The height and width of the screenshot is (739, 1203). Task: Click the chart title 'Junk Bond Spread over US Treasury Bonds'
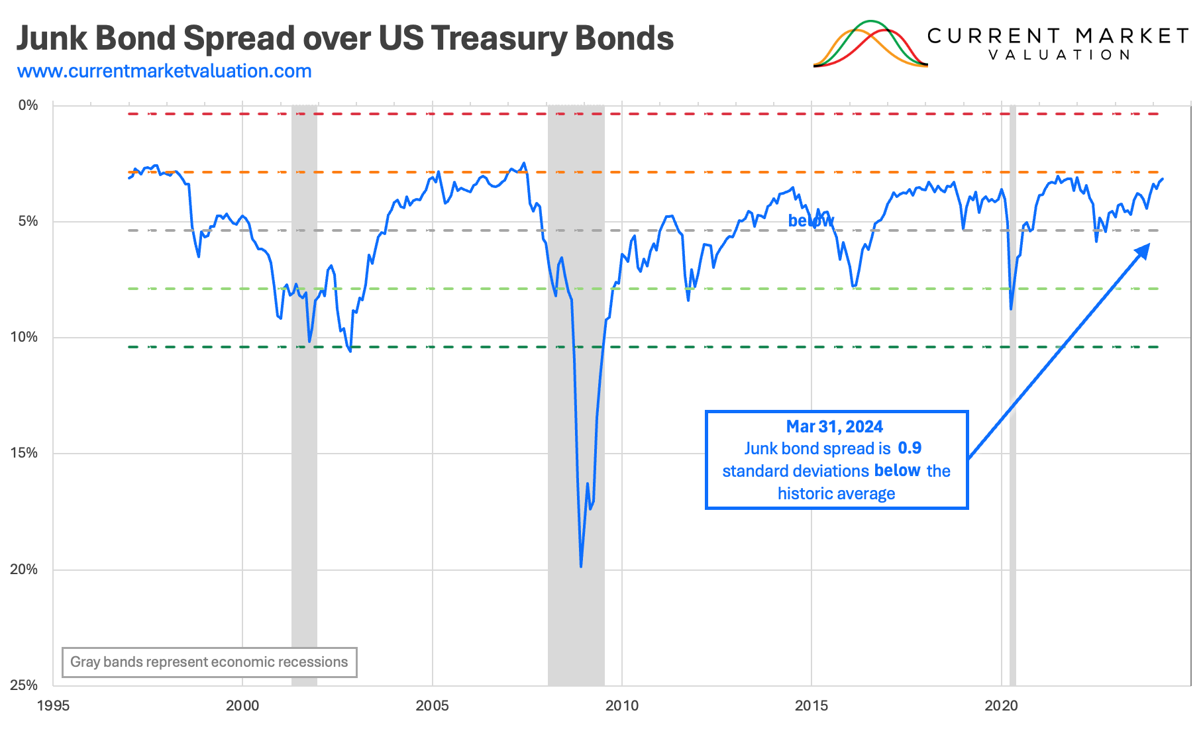[x=344, y=38]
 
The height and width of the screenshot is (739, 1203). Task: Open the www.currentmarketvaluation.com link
[x=164, y=72]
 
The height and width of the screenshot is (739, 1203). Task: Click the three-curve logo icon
[x=870, y=45]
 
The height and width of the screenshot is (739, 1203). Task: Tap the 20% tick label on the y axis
[x=24, y=569]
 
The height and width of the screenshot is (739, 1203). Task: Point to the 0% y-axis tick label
[x=28, y=105]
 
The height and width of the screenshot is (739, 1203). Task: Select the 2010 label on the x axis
[x=622, y=706]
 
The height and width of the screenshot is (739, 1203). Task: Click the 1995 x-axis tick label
[x=53, y=706]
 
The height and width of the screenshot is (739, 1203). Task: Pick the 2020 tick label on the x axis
[x=1001, y=706]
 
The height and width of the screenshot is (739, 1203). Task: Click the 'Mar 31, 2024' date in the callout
[x=834, y=426]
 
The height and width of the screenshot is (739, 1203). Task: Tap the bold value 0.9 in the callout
[x=910, y=448]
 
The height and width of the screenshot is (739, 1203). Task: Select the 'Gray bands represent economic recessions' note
[x=209, y=662]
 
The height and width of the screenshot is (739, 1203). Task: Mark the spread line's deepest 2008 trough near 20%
[x=581, y=566]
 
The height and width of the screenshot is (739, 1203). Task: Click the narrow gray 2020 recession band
[x=1012, y=397]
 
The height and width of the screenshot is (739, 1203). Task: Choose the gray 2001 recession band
[x=304, y=397]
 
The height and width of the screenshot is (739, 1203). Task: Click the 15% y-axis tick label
[x=24, y=454]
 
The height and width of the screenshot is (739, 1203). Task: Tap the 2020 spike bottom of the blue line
[x=1011, y=309]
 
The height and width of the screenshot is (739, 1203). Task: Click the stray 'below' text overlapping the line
[x=810, y=221]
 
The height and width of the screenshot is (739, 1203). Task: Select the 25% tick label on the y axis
[x=24, y=685]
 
